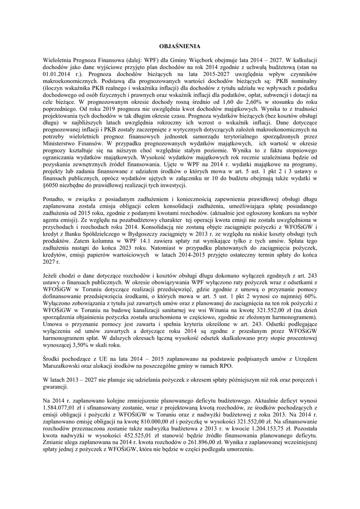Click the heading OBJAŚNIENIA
pyautogui.click(x=180, y=46)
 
